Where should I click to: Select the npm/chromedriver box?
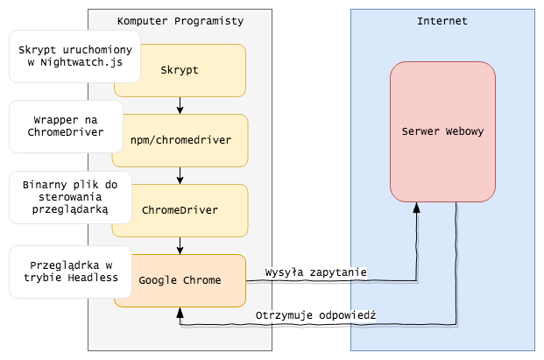tap(180, 139)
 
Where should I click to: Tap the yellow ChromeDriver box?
tap(180, 210)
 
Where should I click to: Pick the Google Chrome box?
tap(180, 280)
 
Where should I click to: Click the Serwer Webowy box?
tap(442, 131)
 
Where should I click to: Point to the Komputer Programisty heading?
tap(180, 20)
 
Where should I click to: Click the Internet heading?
tap(443, 20)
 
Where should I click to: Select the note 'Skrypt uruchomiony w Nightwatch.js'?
tap(74, 57)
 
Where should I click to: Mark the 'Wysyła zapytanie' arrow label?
tap(316, 272)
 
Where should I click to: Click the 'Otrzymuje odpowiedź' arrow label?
tap(316, 315)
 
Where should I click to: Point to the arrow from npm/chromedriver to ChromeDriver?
tap(180, 175)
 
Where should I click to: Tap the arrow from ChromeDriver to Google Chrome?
tap(180, 245)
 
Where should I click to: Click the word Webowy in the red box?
tap(462, 131)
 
